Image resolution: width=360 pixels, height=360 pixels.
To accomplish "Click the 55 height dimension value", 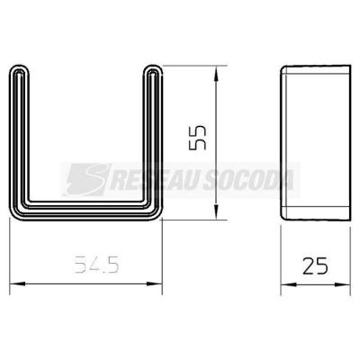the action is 197,137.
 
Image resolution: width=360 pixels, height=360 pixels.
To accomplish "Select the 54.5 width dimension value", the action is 96,265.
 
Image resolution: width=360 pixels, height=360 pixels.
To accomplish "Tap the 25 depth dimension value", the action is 315,265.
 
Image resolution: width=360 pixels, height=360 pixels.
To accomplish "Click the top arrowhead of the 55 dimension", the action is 216,74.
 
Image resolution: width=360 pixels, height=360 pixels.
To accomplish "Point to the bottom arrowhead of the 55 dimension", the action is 216,211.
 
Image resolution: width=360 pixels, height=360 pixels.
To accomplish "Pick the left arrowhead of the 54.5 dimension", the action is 18,283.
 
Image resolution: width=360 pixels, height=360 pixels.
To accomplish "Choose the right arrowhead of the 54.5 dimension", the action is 154,283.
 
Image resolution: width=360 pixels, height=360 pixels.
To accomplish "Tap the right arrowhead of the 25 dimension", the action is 343,284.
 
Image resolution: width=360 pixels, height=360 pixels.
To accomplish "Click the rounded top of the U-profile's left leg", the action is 20,67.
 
